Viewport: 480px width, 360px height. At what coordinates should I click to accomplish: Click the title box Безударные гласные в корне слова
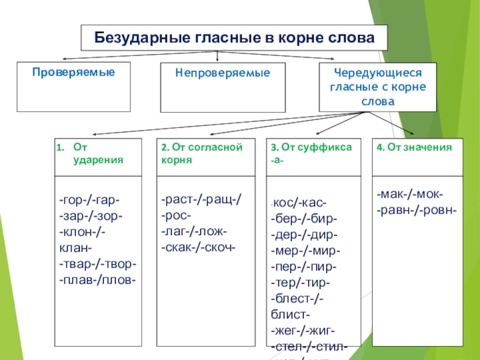pyautogui.click(x=234, y=38)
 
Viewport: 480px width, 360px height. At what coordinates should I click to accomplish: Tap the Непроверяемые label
pyautogui.click(x=223, y=73)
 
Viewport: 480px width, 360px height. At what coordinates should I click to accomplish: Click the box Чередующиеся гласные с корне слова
pyautogui.click(x=378, y=87)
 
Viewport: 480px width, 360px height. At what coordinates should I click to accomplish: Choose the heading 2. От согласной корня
pyautogui.click(x=202, y=154)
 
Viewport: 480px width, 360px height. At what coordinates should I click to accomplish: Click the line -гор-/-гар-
pyautogui.click(x=90, y=200)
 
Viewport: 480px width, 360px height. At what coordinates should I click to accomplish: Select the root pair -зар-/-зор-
pyautogui.click(x=91, y=216)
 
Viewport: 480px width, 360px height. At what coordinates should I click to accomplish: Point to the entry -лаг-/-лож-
pyautogui.click(x=194, y=232)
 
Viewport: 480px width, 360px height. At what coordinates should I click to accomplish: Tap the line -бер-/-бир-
pyautogui.click(x=304, y=219)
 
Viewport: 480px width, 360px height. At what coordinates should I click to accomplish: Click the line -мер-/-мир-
pyautogui.click(x=305, y=251)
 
